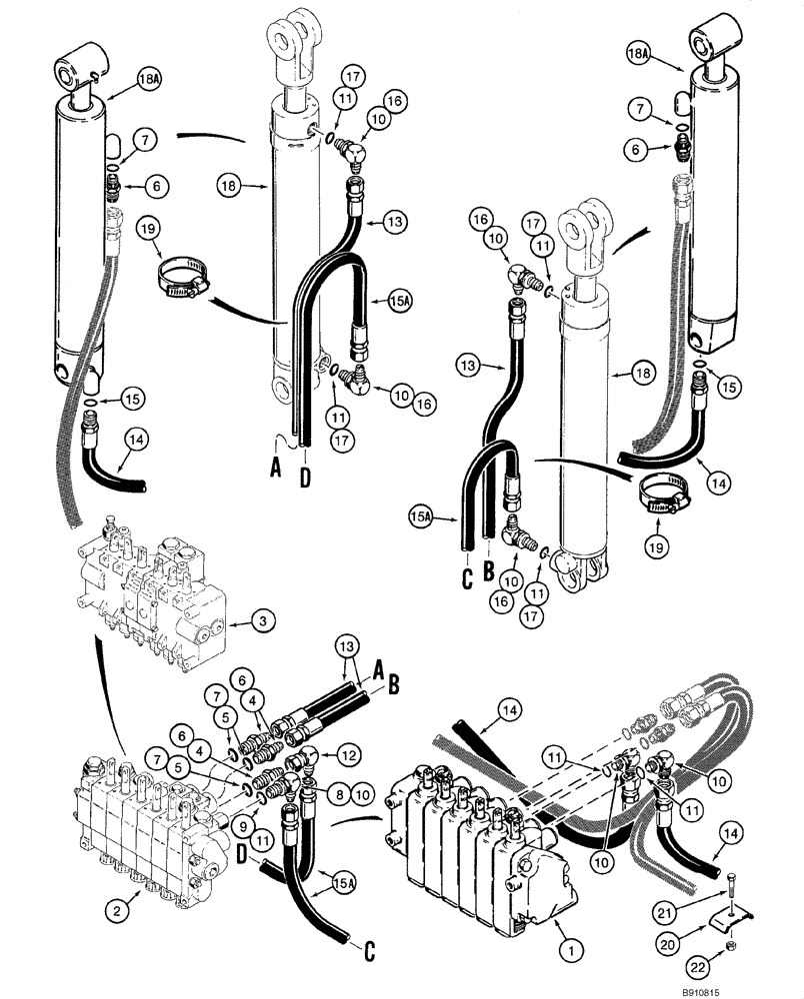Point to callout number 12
350,750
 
